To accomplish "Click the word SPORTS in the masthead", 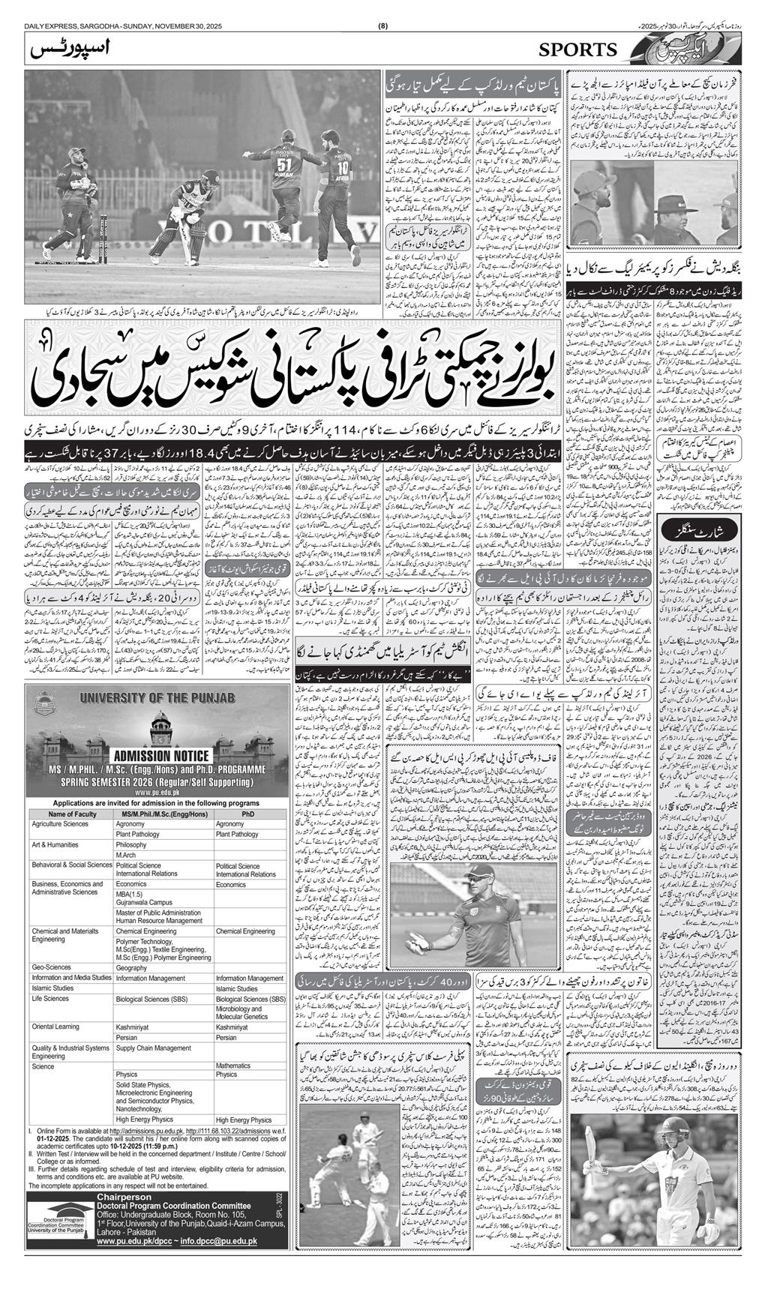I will (577, 49).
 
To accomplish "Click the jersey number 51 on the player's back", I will (283, 164).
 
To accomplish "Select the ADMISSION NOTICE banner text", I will (158, 755).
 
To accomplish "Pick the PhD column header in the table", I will (248, 814).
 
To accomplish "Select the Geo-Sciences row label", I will (51, 967).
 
